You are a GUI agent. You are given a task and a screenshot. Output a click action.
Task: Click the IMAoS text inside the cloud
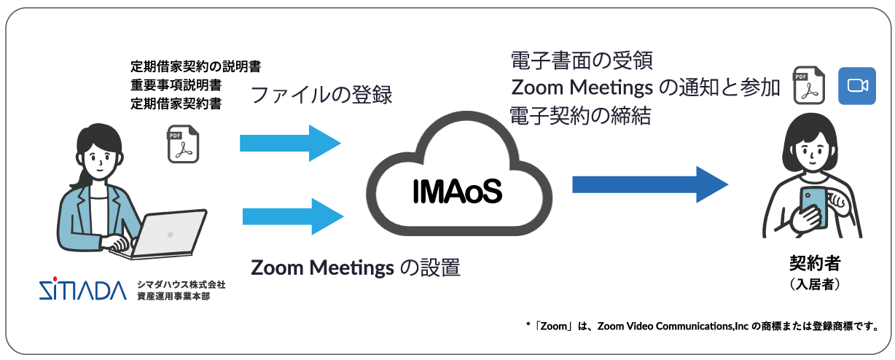457,191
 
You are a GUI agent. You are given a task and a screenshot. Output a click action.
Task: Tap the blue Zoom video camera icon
856,86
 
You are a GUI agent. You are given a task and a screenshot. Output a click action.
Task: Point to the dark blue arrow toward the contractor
649,184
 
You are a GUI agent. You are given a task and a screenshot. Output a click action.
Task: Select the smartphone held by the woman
813,207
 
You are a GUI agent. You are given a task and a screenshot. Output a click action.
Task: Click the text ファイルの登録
321,95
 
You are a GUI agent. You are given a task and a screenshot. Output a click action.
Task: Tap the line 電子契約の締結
580,115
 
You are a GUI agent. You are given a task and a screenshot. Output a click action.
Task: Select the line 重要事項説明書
176,85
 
